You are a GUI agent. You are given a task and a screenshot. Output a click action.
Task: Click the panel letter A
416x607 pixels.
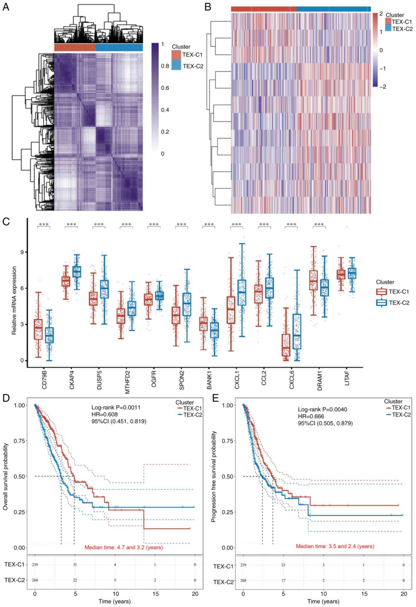(6, 7)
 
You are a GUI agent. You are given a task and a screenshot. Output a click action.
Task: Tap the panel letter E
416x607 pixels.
(216, 398)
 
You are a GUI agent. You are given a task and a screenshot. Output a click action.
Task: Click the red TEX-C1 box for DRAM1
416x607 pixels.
(313, 280)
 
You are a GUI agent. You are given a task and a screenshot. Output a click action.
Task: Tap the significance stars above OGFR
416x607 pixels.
(154, 225)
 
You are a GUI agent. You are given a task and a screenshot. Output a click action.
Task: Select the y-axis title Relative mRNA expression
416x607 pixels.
(14, 300)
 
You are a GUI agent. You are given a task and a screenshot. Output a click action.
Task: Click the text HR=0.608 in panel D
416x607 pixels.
(104, 414)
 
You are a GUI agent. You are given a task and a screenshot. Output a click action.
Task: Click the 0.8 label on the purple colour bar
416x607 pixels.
(165, 66)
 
